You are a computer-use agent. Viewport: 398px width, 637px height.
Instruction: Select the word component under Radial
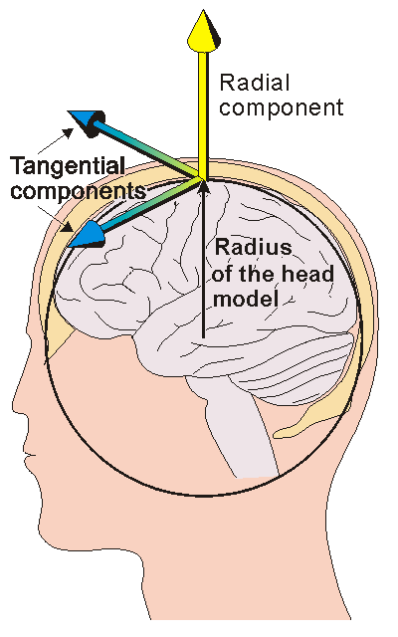tap(280, 106)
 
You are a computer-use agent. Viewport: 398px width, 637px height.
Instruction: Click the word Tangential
tap(67, 166)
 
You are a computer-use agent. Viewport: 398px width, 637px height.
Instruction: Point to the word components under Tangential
tap(79, 188)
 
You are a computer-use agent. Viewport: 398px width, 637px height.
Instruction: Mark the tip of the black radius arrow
tap(202, 183)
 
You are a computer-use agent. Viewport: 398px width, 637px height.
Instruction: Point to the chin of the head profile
tap(50, 518)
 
